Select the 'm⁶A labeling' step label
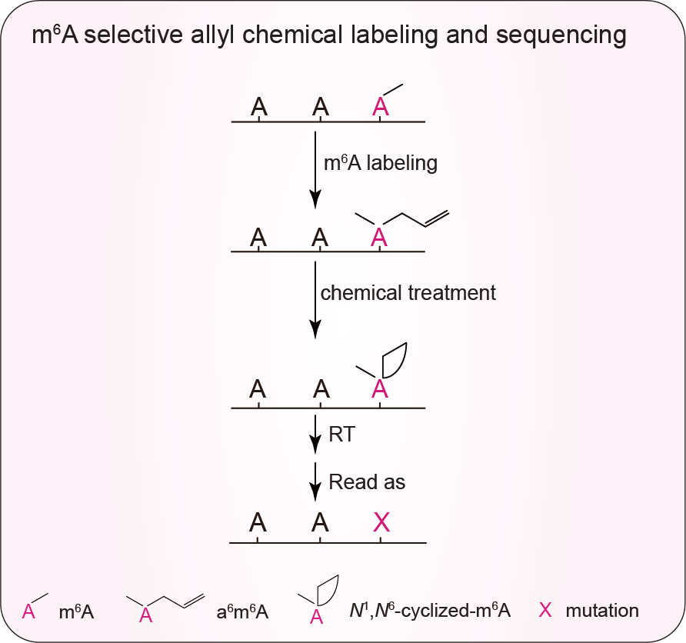tap(381, 162)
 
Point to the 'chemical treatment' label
tap(408, 293)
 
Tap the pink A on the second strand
tap(378, 238)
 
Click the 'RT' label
tap(341, 435)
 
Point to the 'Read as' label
tap(367, 482)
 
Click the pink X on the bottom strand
tap(381, 523)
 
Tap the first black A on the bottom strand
tap(258, 523)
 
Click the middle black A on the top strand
tap(320, 107)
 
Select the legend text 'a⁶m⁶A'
tap(242, 612)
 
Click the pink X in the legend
tap(545, 611)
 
